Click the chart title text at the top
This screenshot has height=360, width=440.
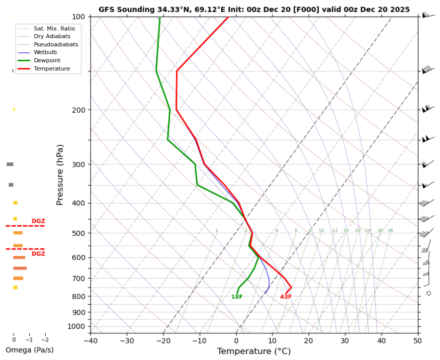pos(254,9)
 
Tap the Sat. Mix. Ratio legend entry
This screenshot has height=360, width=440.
pos(54,29)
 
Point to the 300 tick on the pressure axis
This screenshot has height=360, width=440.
pos(78,164)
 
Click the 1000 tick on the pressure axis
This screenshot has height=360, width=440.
pos(76,327)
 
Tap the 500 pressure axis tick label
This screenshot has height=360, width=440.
pos(78,233)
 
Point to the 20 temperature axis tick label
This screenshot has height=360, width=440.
pos(308,340)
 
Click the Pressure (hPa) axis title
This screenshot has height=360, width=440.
pos(60,174)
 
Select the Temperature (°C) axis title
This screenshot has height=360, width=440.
pos(254,351)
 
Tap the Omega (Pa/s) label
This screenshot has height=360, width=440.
pos(29,350)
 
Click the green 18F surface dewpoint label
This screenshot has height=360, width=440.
pos(237,297)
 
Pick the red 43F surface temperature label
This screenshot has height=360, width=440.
pos(286,297)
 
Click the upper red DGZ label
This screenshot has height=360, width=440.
pos(38,221)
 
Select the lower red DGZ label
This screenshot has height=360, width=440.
pos(38,254)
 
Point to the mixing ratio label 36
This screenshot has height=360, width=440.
pos(390,230)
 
